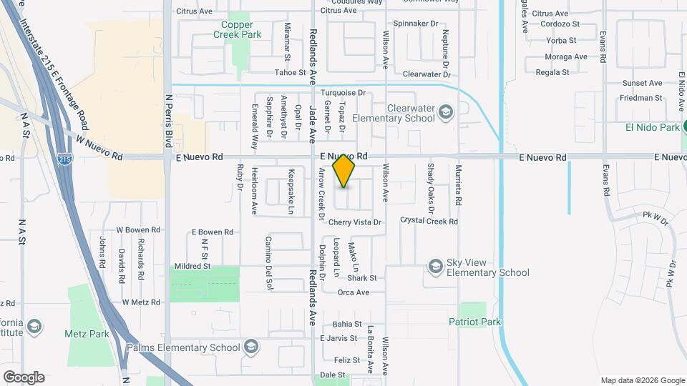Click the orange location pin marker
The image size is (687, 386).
(x=344, y=171)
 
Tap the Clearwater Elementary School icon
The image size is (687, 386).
(x=446, y=112)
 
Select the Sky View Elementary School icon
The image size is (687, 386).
(x=435, y=267)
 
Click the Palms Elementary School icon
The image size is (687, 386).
(x=250, y=347)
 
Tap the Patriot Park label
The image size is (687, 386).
(x=474, y=322)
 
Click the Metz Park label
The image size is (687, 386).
(x=87, y=334)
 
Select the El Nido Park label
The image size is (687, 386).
(x=651, y=127)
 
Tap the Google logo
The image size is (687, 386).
(x=24, y=377)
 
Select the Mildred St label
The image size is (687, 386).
(x=193, y=266)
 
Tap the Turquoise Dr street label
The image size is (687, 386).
(x=343, y=93)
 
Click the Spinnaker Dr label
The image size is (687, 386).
(x=415, y=24)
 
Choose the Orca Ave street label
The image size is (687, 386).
(x=353, y=292)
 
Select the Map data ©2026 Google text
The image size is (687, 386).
(x=642, y=380)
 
